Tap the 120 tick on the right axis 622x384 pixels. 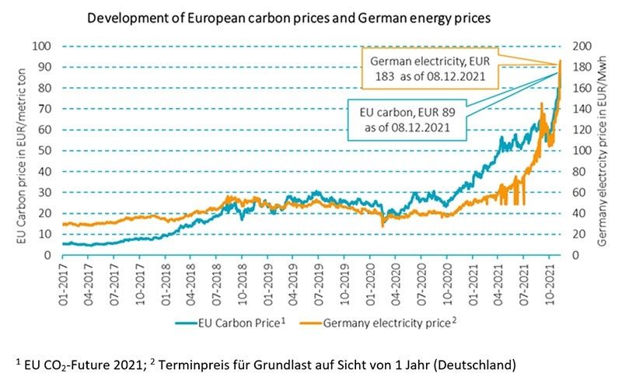point(578,129)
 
